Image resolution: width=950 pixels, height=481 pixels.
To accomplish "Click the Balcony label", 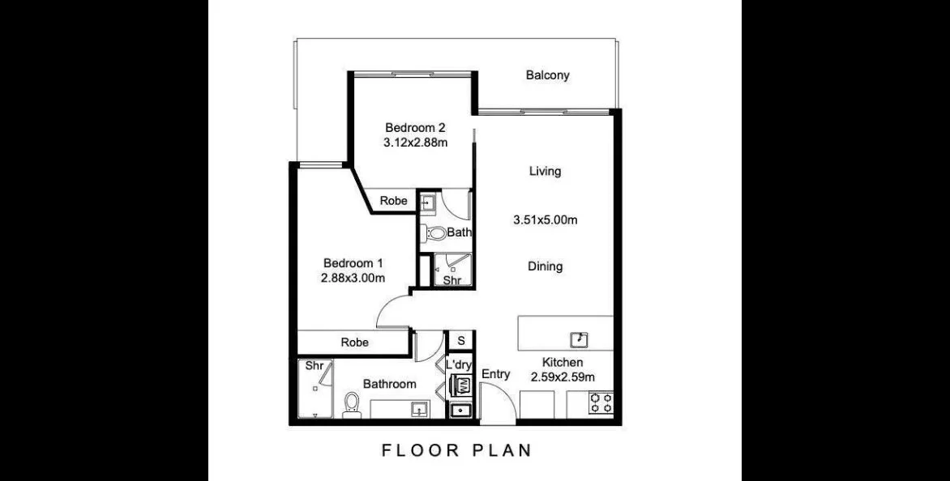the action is click(548, 75).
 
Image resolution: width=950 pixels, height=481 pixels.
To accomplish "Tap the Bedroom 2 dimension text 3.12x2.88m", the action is click(416, 143).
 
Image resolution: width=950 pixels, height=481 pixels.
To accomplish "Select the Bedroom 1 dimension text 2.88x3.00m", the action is click(353, 278).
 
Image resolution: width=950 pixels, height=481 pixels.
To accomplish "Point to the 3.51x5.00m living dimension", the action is click(545, 220).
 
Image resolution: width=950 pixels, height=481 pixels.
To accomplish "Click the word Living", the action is click(545, 171).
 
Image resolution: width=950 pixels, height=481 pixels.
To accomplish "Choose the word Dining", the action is click(545, 266).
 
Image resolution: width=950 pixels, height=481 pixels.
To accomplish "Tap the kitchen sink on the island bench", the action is click(580, 339).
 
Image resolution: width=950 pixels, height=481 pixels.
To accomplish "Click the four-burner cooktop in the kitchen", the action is click(601, 403).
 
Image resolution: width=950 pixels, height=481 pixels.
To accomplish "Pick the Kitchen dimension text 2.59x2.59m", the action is click(563, 377).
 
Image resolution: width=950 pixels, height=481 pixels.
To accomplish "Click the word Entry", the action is click(495, 374).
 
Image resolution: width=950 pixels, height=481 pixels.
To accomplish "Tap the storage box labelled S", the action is click(460, 341).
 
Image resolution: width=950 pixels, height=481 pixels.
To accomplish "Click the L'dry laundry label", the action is click(459, 365).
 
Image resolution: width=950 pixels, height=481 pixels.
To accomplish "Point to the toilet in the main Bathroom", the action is click(351, 405).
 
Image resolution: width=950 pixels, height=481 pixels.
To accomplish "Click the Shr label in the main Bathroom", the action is click(313, 366).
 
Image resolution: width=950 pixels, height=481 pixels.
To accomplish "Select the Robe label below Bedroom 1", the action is click(354, 343).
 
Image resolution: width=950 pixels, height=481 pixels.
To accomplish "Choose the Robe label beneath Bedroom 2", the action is click(393, 201).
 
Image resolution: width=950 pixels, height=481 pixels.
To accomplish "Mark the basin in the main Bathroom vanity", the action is click(419, 410).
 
